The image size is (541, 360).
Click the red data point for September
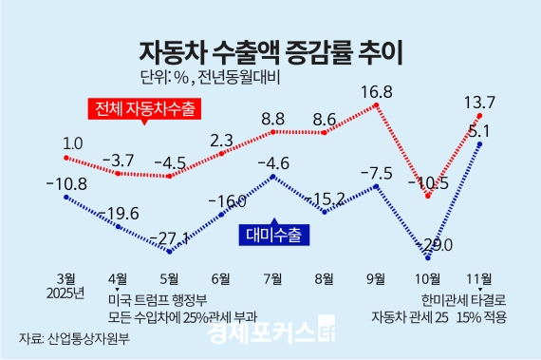[379, 104]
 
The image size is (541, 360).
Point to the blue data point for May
[170, 252]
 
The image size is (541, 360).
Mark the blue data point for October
[429, 256]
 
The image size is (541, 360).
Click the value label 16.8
[378, 91]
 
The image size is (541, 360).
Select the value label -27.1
[171, 237]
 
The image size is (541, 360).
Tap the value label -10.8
[66, 183]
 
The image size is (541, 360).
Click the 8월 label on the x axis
[325, 278]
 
